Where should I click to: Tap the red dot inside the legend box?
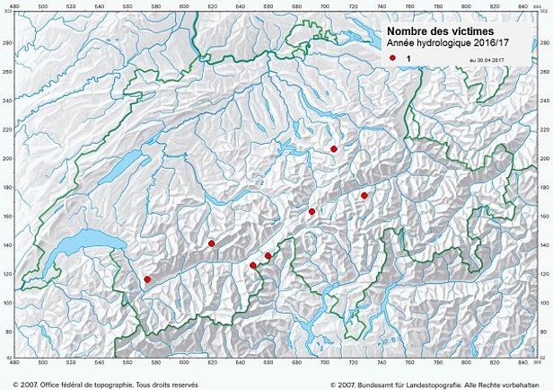pyautogui.click(x=393, y=58)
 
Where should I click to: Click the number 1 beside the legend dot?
pyautogui.click(x=408, y=58)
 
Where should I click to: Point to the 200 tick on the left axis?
pyautogui.click(x=6, y=159)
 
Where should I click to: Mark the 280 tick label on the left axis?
pyautogui.click(x=6, y=44)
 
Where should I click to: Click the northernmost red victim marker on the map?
pyautogui.click(x=334, y=149)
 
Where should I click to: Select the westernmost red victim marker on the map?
pyautogui.click(x=147, y=279)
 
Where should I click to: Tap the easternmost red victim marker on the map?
pyautogui.click(x=364, y=195)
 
